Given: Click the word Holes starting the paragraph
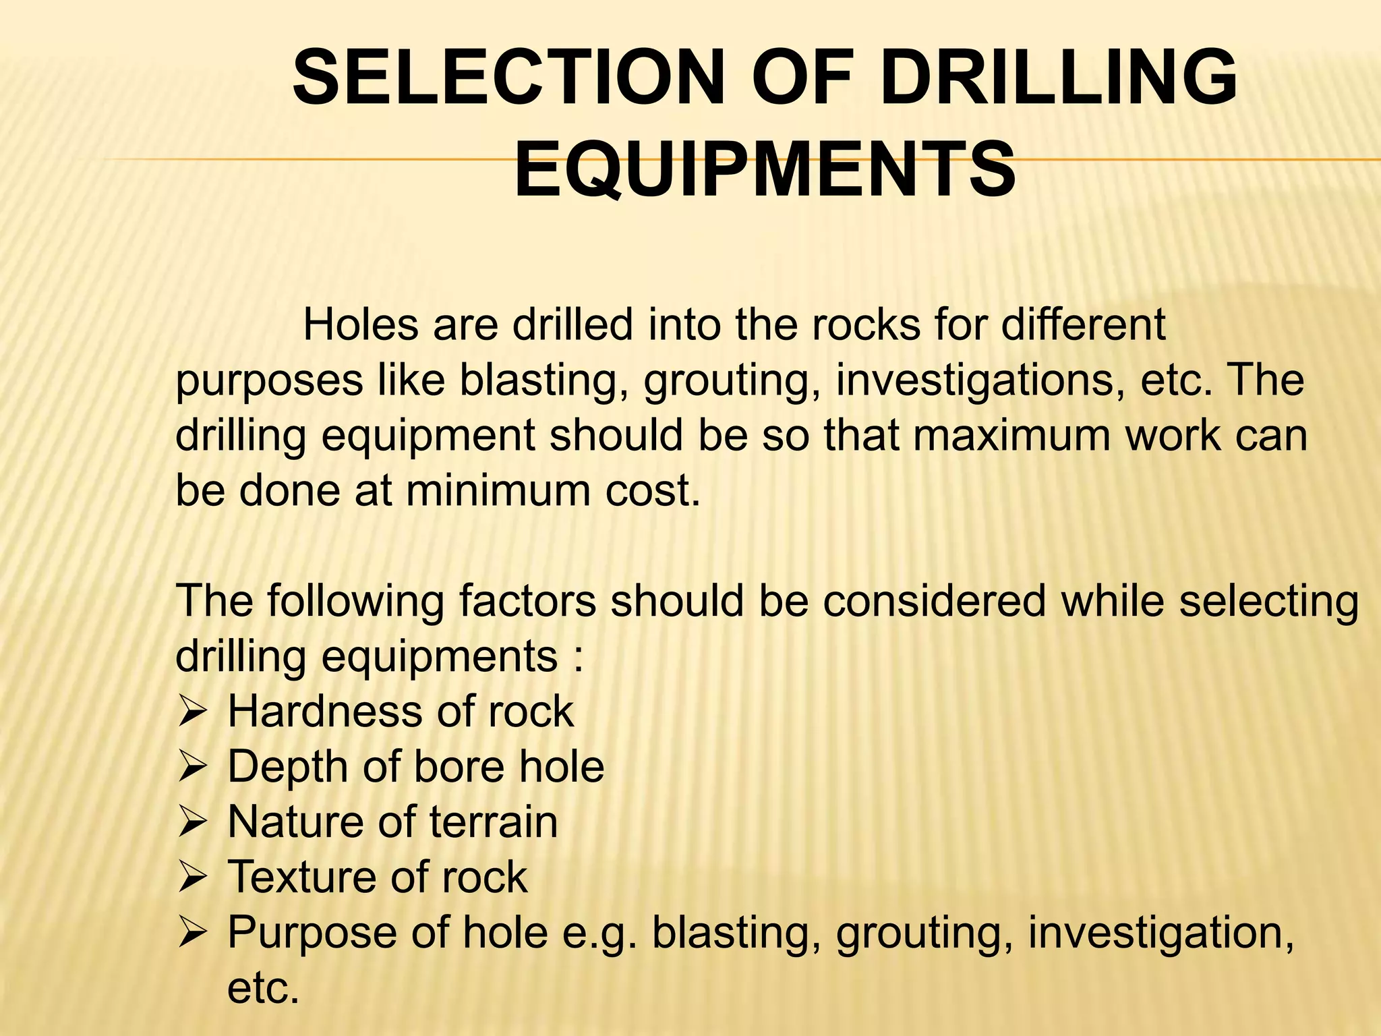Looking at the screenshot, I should [x=360, y=325].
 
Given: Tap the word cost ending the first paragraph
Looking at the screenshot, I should [x=652, y=490].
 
